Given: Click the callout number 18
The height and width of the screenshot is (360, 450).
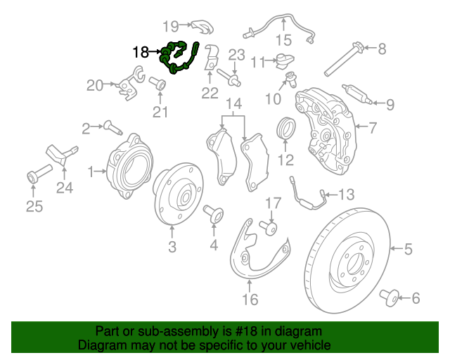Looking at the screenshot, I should pyautogui.click(x=140, y=51).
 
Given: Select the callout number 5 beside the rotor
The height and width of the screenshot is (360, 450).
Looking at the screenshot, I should pyautogui.click(x=407, y=247).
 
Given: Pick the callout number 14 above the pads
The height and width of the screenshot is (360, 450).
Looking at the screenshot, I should pyautogui.click(x=233, y=104).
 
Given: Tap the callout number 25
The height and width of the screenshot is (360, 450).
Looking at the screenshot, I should pyautogui.click(x=34, y=206).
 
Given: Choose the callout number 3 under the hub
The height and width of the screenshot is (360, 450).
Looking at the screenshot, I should pyautogui.click(x=172, y=247).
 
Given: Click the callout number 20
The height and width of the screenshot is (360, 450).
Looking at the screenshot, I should pyautogui.click(x=94, y=85).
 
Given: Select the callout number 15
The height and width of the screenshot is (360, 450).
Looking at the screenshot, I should pyautogui.click(x=283, y=39).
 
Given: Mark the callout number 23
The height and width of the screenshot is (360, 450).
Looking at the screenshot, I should pyautogui.click(x=236, y=54).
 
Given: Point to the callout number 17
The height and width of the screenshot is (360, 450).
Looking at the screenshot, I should pyautogui.click(x=272, y=203).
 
